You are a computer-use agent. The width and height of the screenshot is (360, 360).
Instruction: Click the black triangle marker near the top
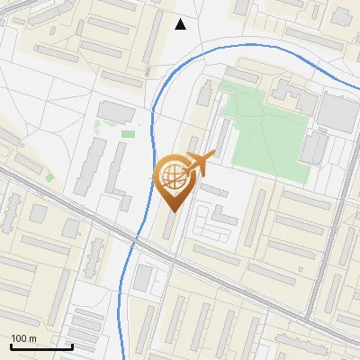(181, 24)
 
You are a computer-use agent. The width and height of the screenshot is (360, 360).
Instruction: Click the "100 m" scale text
(23, 337)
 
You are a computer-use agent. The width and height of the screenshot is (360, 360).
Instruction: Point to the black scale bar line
(40, 346)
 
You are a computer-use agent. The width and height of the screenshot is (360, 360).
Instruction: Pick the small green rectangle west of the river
(129, 134)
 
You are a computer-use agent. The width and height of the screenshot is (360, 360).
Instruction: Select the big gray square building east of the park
(338, 112)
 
